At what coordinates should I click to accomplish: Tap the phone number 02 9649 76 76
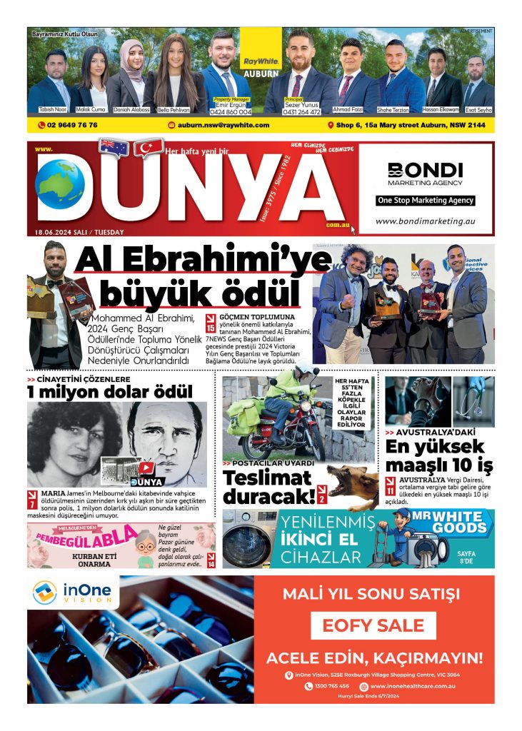(x=68, y=125)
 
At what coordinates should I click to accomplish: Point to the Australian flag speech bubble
(x=114, y=147)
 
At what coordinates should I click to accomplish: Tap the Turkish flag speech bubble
(x=147, y=147)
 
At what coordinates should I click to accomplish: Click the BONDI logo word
(x=425, y=170)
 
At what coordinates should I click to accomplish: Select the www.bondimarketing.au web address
(x=425, y=221)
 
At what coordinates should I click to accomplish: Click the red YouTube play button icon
(x=146, y=468)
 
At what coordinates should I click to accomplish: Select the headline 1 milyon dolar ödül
(x=110, y=392)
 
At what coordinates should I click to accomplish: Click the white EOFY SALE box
(x=373, y=625)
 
